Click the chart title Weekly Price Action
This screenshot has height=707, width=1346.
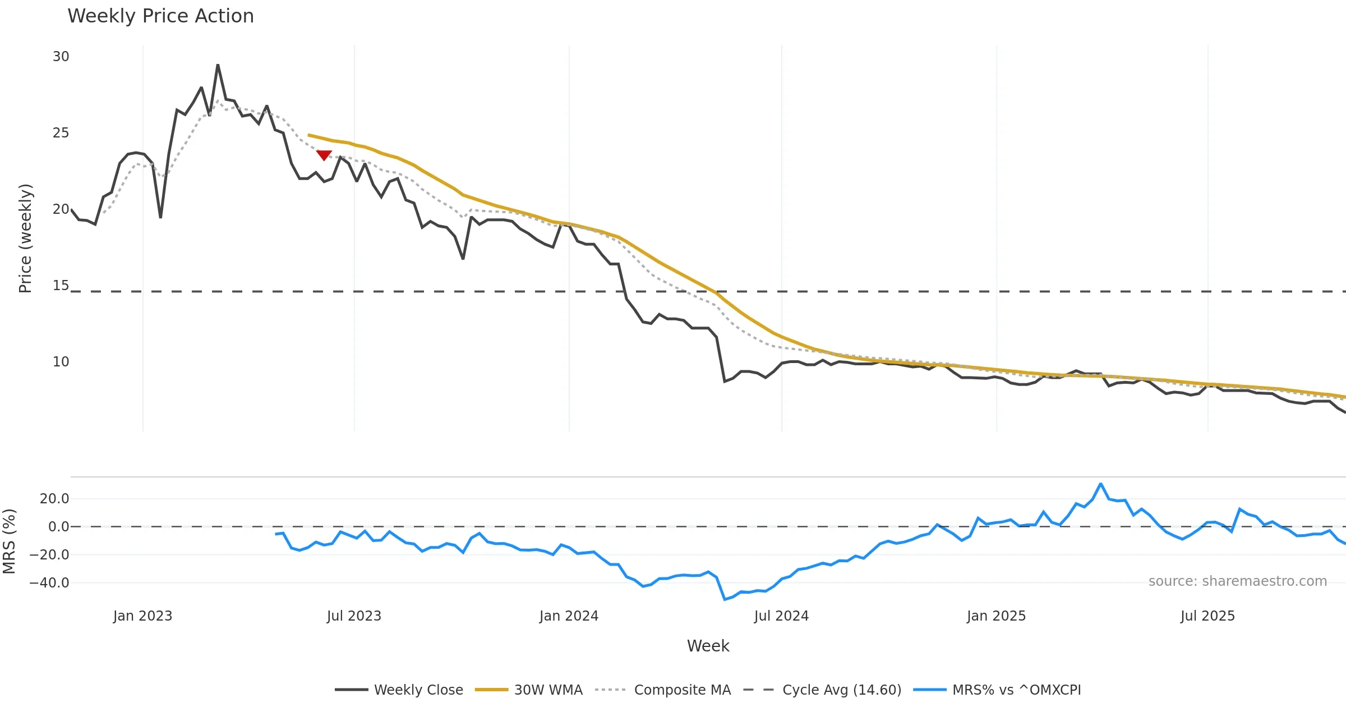pos(160,16)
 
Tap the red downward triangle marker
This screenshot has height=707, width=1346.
pos(324,155)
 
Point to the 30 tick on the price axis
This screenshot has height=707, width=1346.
pos(61,57)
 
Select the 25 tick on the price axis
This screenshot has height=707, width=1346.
pos(61,133)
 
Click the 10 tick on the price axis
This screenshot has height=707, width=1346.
pos(61,362)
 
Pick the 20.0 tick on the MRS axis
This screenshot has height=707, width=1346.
pos(54,499)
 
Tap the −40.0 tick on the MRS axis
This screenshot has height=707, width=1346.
pos(49,583)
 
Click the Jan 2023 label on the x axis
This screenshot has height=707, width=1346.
pos(142,616)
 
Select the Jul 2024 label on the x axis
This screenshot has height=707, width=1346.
pos(781,616)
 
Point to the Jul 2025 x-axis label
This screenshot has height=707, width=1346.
pos(1207,616)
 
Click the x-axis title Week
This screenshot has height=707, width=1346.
pos(708,646)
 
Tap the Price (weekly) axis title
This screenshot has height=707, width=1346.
pos(26,238)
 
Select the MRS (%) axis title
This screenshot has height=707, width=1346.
pos(9,541)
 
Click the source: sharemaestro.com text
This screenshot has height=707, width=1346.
pos(1237,581)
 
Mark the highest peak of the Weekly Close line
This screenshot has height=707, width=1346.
pos(218,65)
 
